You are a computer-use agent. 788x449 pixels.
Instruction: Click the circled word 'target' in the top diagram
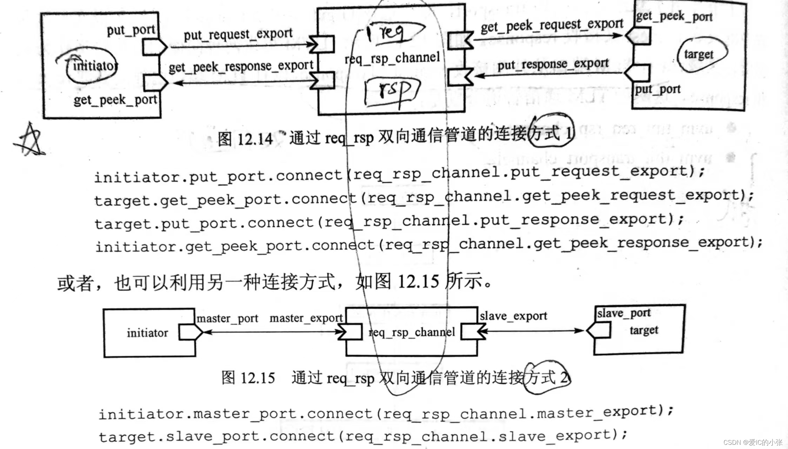coord(699,55)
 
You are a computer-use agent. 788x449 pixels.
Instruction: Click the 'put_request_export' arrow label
coord(238,34)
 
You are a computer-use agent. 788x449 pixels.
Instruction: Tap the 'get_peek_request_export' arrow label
coord(552,25)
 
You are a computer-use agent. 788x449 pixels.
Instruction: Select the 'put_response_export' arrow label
coord(553,64)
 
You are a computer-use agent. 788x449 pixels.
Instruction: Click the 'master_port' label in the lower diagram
coord(227,319)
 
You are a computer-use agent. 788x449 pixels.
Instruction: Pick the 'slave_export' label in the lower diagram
coord(513,316)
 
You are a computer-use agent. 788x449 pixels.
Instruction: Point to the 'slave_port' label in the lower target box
coord(624,313)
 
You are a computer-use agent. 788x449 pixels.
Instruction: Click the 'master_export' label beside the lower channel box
coord(306,318)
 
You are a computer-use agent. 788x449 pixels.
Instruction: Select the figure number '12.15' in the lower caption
coord(258,378)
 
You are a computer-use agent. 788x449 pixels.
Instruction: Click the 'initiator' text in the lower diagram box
coord(147,333)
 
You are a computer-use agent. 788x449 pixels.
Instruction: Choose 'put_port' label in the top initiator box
coord(131,30)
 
